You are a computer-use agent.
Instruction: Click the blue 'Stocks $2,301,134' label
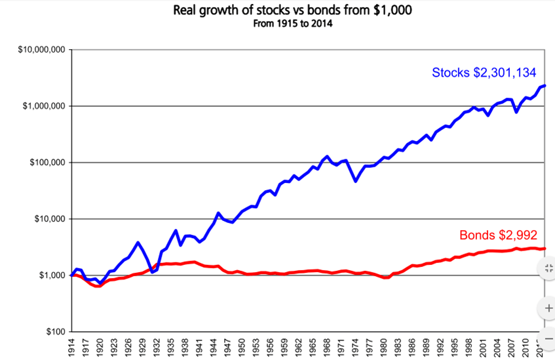pyautogui.click(x=488, y=73)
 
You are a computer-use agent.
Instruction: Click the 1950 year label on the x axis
pyautogui.click(x=242, y=348)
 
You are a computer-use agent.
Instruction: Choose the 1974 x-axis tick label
pyautogui.click(x=356, y=348)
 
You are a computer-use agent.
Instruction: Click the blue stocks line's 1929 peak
pyautogui.click(x=138, y=243)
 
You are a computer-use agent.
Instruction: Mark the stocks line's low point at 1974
pyautogui.click(x=356, y=181)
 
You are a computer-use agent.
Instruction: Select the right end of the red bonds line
pyautogui.click(x=545, y=249)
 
